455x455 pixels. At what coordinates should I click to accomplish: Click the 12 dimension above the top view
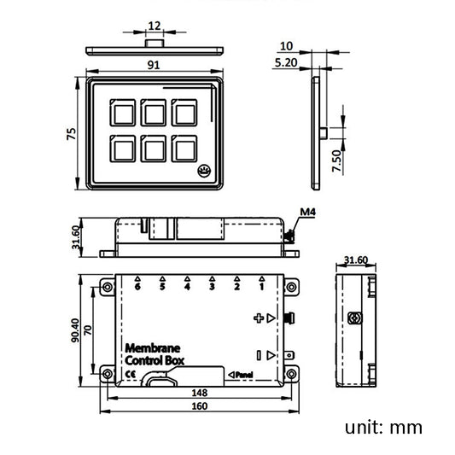pos(155,26)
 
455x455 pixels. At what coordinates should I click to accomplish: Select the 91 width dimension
pos(155,63)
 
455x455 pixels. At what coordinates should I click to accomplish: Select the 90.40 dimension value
pos(75,330)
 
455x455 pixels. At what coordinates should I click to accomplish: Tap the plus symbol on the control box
pos(260,318)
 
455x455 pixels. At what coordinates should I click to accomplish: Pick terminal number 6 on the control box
pos(137,288)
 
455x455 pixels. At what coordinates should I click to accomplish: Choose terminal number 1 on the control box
pos(261,288)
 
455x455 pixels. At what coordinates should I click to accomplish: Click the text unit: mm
pos(383,428)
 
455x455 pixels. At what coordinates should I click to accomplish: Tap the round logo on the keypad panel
pos(205,171)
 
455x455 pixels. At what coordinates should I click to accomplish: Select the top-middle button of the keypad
pos(155,112)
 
